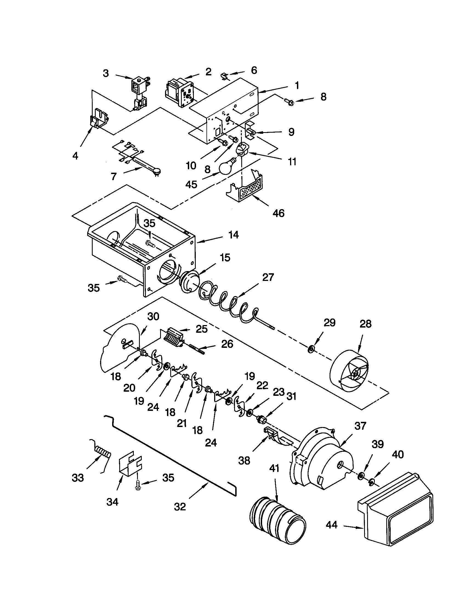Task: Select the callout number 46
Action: [278, 213]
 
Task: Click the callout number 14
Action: [233, 235]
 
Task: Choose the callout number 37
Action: [360, 426]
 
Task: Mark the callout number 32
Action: [180, 506]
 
